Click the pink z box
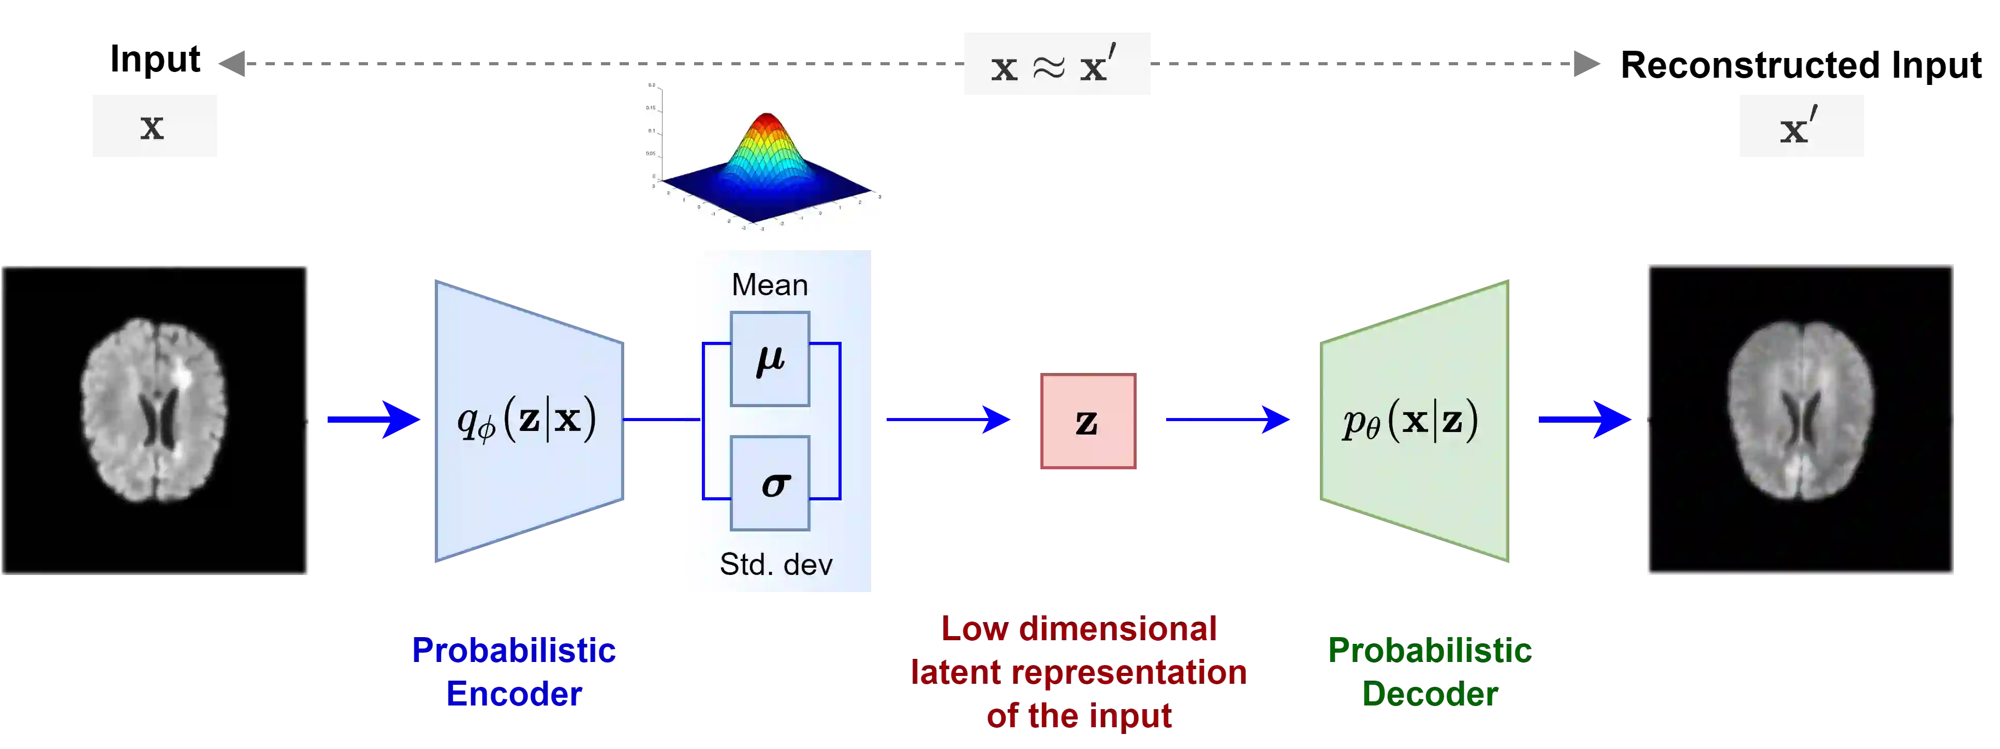point(1089,422)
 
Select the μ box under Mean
point(769,359)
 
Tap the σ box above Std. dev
point(769,483)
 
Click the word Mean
point(769,285)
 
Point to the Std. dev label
point(775,564)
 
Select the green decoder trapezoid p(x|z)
point(1413,421)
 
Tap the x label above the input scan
point(154,124)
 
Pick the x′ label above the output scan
point(1802,124)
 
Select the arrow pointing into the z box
point(949,420)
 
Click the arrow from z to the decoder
point(1227,420)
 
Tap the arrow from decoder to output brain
point(1584,420)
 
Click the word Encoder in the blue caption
point(514,694)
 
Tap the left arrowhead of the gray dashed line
point(231,64)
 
